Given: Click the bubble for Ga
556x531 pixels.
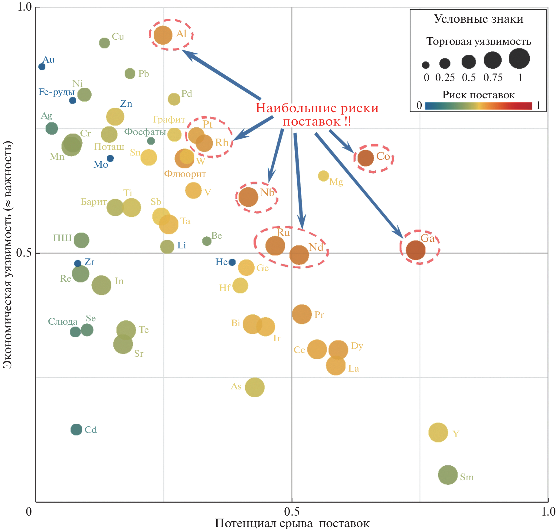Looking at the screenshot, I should [x=416, y=250].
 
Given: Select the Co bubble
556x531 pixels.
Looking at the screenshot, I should [x=366, y=158].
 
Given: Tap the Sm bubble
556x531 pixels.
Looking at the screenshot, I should [x=448, y=475].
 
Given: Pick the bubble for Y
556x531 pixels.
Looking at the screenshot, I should [x=438, y=432].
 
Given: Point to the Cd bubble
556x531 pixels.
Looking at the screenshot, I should [x=76, y=429].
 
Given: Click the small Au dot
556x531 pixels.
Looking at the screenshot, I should [x=42, y=67].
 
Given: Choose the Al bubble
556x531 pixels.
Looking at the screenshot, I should [x=163, y=35].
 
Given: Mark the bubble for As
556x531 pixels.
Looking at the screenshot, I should [x=255, y=387].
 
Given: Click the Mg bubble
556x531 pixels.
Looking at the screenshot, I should [x=323, y=176].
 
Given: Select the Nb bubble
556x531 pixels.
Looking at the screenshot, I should [x=248, y=197].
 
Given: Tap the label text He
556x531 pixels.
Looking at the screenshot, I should [x=221, y=262].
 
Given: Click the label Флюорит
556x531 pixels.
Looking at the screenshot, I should [x=185, y=174].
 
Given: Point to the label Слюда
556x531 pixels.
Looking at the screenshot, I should [x=63, y=322].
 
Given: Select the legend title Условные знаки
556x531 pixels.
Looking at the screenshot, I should [x=479, y=19].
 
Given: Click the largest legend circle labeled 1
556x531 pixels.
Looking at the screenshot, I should [x=519, y=59].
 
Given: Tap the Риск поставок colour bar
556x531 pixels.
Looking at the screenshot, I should [x=478, y=106].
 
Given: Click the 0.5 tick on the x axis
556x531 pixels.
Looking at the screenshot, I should [x=292, y=511].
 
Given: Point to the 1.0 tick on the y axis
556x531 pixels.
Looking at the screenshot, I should [x=25, y=7].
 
